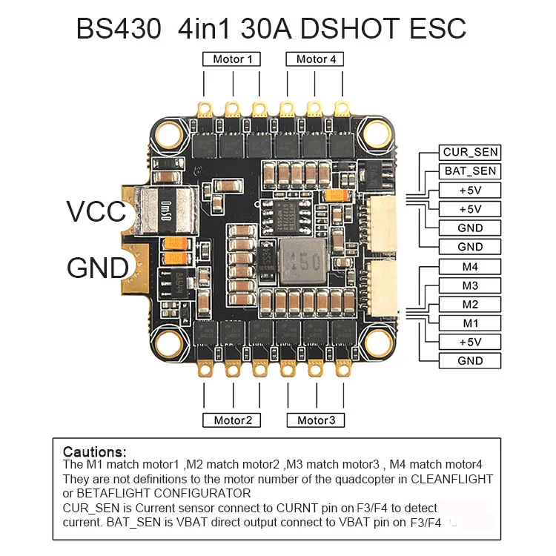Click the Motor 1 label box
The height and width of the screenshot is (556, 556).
(231, 59)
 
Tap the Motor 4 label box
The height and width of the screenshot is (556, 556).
(315, 59)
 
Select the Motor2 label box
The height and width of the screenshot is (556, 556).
(231, 420)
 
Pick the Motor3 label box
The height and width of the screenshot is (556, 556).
(316, 420)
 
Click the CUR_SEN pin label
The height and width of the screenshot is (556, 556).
(470, 152)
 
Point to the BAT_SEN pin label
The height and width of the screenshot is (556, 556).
(470, 171)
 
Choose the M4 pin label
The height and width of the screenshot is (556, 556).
(470, 267)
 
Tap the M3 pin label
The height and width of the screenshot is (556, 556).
(470, 285)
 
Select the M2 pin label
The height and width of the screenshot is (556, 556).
(470, 304)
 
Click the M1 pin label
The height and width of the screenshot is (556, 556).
(470, 323)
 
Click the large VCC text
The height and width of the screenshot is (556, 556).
(96, 212)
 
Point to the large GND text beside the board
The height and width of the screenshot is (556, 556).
(98, 268)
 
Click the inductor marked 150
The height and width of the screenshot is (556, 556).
(303, 262)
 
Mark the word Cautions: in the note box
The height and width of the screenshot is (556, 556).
(94, 452)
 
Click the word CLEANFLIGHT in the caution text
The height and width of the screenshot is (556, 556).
(451, 479)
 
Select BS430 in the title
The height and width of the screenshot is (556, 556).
(119, 28)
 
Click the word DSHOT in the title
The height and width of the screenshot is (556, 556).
(350, 28)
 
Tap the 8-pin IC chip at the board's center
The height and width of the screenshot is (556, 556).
(286, 217)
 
